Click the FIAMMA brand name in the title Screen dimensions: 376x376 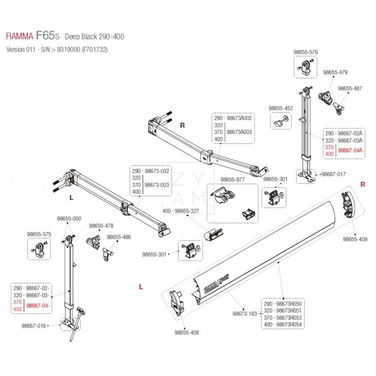[x=19, y=36]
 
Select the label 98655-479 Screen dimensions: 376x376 [x=335, y=72]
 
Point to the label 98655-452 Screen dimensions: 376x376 [x=281, y=108]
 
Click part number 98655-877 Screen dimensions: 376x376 [x=233, y=179]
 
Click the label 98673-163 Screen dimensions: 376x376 [x=244, y=313]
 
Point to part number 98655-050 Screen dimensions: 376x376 [x=69, y=219]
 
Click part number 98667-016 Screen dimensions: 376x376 [x=34, y=325]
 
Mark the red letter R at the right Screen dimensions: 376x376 [x=362, y=185]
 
